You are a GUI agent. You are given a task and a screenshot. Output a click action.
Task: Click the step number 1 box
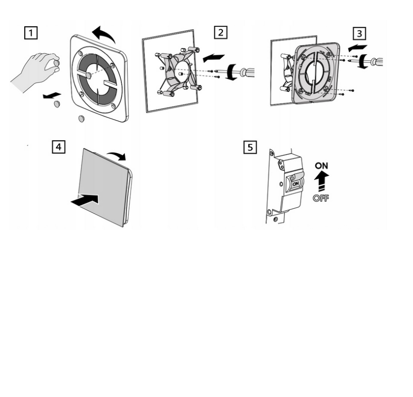[x=31, y=33]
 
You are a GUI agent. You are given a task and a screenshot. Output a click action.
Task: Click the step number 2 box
[x=221, y=32]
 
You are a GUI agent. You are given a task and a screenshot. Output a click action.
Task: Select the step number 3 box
[x=359, y=34]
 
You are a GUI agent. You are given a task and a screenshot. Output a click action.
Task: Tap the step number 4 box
[x=58, y=146]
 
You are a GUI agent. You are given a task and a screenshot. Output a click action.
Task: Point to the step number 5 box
[x=250, y=147]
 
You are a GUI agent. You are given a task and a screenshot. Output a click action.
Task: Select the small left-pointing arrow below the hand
[x=52, y=96]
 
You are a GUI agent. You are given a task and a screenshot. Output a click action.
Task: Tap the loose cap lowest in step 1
[x=82, y=119]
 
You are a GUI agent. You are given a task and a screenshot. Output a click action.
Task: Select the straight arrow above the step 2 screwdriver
[x=213, y=58]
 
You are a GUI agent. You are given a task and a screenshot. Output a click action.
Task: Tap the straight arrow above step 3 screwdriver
[x=357, y=48]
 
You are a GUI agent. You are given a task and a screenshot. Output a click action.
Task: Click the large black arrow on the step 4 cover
[x=85, y=200]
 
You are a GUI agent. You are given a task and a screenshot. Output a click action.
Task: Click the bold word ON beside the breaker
[x=321, y=166]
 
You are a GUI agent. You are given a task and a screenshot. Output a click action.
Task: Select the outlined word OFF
[x=321, y=198]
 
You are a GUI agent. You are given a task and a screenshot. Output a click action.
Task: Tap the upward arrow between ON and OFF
[x=321, y=181]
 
